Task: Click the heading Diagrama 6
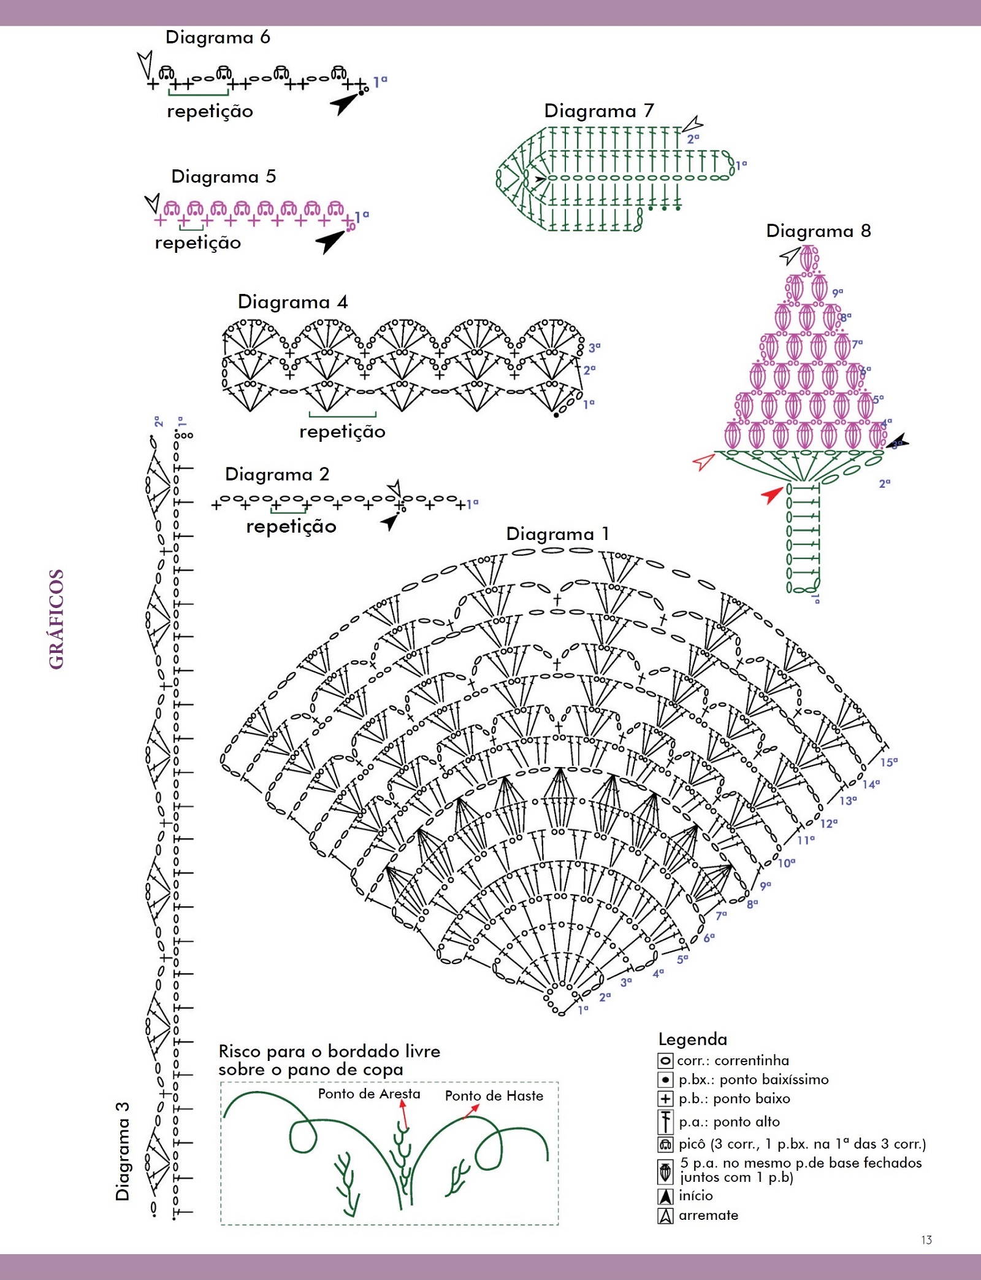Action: (218, 37)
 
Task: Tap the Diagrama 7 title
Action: (599, 111)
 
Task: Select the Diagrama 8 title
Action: (819, 231)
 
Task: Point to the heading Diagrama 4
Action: (292, 302)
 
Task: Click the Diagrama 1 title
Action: (558, 534)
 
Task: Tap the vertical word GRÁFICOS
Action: (56, 619)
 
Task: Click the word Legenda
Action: (693, 1039)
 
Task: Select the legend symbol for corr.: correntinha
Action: (665, 1061)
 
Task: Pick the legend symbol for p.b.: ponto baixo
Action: (665, 1099)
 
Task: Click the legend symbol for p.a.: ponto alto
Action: (665, 1122)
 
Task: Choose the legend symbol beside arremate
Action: (665, 1216)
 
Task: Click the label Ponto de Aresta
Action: (369, 1094)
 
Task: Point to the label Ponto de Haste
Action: (494, 1096)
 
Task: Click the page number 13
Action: (926, 1240)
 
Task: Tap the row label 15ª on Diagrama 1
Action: (889, 762)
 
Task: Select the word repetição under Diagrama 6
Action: (210, 112)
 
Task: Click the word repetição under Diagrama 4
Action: (343, 432)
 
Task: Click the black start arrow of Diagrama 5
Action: (330, 241)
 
